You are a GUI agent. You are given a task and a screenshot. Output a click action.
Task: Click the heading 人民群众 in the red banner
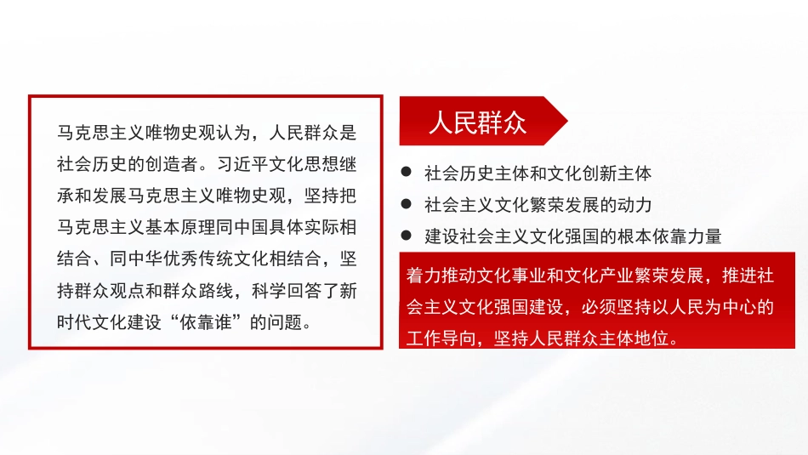tap(477, 122)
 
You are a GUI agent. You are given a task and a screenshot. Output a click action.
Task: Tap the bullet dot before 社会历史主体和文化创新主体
tap(407, 173)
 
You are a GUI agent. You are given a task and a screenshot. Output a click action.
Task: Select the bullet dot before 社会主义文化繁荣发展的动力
tap(407, 205)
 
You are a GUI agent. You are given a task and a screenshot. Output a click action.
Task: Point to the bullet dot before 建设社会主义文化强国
tap(407, 236)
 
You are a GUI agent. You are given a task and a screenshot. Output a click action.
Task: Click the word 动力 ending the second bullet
tap(635, 205)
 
